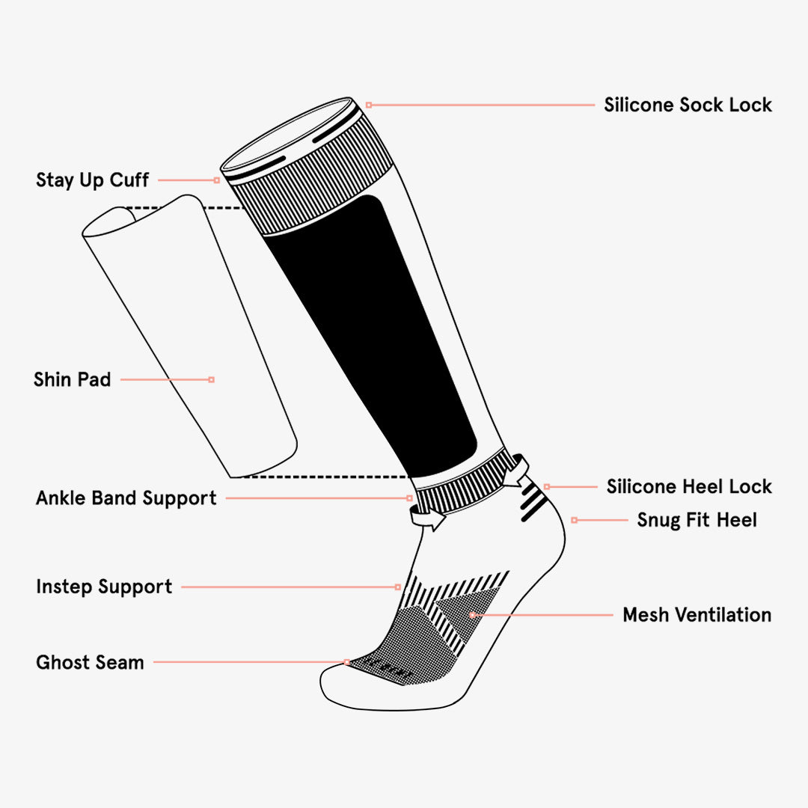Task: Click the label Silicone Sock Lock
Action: pos(688,105)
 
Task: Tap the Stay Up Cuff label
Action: pos(92,180)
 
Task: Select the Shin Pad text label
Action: pos(72,380)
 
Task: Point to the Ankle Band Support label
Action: pos(126,498)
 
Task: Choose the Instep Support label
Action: pos(104,587)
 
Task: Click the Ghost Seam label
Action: pos(90,662)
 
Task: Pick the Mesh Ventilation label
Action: pos(697,615)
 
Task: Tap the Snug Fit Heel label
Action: pos(697,519)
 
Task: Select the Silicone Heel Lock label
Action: pos(689,486)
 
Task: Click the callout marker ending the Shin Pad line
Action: pos(212,380)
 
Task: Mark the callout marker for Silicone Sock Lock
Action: pos(369,105)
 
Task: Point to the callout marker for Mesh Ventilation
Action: pos(472,615)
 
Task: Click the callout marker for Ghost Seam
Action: pos(347,662)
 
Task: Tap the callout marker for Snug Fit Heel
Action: pos(574,519)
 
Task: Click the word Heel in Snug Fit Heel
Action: pos(737,519)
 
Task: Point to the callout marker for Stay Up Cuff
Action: pos(217,180)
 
